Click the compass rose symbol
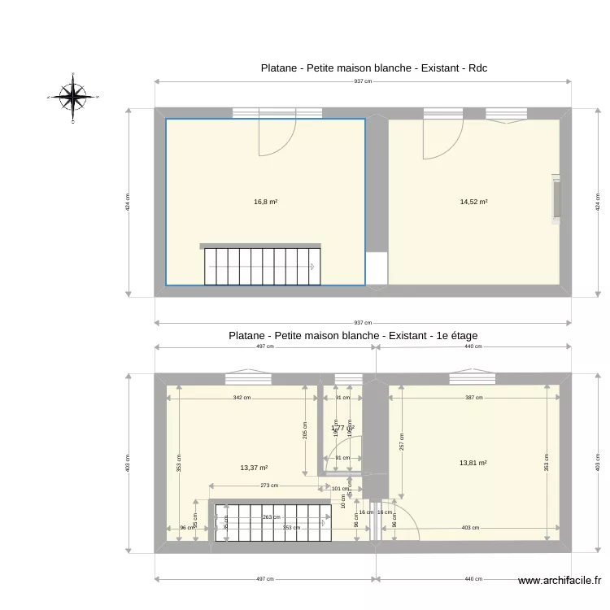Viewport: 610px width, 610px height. tap(73, 97)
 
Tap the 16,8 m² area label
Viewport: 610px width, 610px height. tap(266, 202)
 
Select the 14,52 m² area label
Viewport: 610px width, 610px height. tap(473, 202)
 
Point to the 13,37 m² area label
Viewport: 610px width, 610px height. tap(254, 468)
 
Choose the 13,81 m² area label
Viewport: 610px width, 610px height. tap(473, 463)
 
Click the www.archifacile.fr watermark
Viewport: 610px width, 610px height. tap(560, 581)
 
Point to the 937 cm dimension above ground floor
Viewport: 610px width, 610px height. tap(363, 81)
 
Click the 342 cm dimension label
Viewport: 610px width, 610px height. tap(242, 398)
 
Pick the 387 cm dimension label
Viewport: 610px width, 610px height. tap(474, 398)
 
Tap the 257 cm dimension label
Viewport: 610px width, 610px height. tap(401, 442)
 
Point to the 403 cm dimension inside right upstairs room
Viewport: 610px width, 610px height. tap(470, 528)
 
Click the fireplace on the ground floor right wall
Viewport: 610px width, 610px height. tap(556, 198)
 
